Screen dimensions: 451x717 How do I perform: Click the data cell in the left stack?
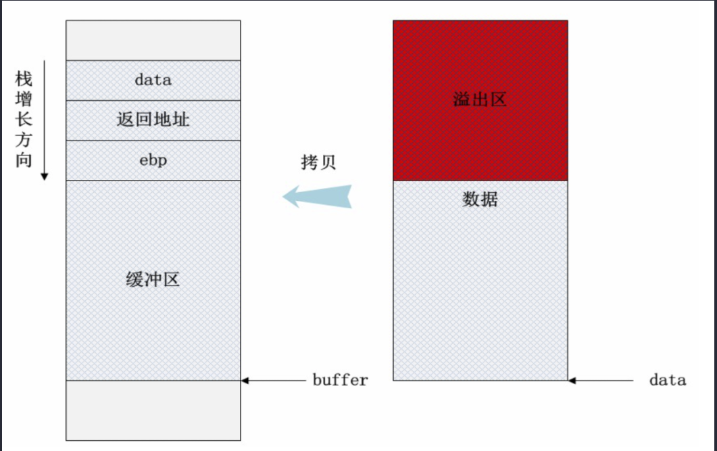(153, 80)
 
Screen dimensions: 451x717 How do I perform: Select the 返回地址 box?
(153, 120)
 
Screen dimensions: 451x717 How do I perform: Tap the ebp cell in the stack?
(153, 160)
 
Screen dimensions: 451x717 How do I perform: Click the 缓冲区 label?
(153, 279)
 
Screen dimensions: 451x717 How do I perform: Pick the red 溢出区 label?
(480, 101)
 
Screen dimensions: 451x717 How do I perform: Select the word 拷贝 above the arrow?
(318, 163)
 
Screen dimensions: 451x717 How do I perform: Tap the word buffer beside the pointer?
(340, 380)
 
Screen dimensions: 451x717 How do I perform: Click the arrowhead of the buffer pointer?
(245, 381)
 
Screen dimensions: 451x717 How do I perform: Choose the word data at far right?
(667, 380)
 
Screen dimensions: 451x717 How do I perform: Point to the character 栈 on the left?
(24, 79)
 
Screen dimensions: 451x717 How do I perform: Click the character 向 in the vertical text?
(24, 161)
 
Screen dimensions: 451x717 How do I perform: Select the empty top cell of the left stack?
(153, 41)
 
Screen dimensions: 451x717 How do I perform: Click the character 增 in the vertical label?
(24, 99)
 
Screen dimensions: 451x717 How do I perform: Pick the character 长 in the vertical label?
(24, 120)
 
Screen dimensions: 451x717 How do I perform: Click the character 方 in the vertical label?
(24, 141)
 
